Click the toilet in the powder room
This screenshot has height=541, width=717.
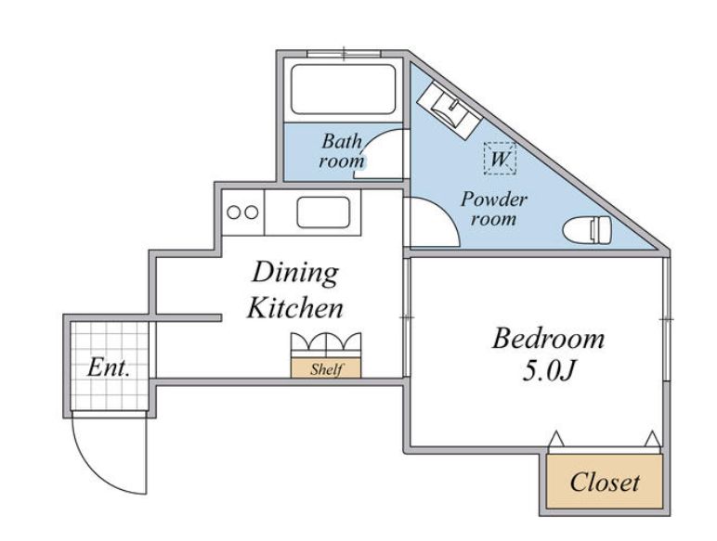(587, 226)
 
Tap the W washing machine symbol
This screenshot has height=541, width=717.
(499, 159)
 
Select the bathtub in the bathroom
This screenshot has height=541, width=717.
(342, 89)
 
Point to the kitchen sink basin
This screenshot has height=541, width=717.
(322, 213)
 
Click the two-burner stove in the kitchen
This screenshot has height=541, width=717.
(243, 212)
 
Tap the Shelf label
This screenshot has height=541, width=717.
(326, 368)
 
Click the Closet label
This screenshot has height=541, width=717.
(605, 483)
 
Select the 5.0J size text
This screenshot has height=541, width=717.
(548, 372)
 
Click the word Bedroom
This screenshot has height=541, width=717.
(548, 339)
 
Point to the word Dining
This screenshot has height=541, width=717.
(295, 273)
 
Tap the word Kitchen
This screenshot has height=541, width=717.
(295, 308)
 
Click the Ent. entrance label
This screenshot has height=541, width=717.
(109, 367)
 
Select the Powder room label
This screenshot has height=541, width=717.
(494, 210)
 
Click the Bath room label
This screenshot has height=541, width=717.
(341, 151)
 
